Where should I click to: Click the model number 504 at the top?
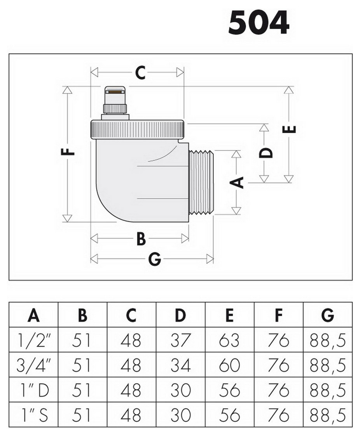pyautogui.click(x=259, y=23)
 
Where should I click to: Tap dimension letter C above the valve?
pyautogui.click(x=140, y=72)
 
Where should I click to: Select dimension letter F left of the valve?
pyautogui.click(x=68, y=152)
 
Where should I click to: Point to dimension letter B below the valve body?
pyautogui.click(x=141, y=239)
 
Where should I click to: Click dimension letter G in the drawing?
pyautogui.click(x=155, y=259)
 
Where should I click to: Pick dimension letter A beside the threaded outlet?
pyautogui.click(x=236, y=183)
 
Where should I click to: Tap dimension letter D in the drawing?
pyautogui.click(x=266, y=153)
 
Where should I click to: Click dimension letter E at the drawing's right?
pyautogui.click(x=289, y=129)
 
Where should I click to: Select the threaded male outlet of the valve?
pyautogui.click(x=201, y=183)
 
